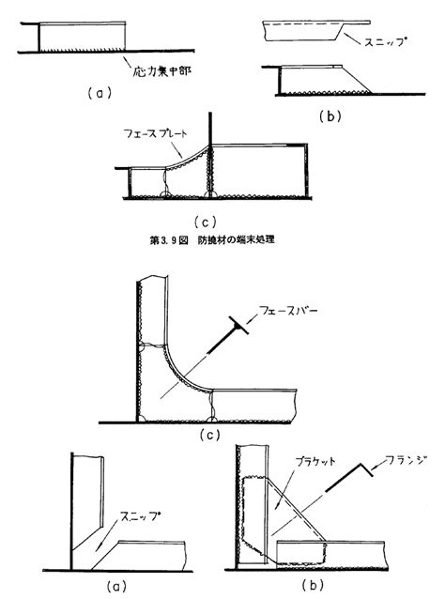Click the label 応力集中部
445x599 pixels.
(x=161, y=70)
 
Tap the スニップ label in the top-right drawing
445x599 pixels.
(x=384, y=41)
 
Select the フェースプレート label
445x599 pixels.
(x=156, y=133)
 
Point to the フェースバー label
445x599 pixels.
(x=288, y=310)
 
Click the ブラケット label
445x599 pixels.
(x=315, y=461)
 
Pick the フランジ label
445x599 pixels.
(x=407, y=460)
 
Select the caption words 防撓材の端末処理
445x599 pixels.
(x=236, y=240)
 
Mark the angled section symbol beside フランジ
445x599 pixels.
(x=348, y=478)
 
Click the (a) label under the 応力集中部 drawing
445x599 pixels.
(x=100, y=93)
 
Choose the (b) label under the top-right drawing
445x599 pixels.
(x=330, y=116)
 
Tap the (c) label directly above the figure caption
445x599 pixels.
(x=205, y=222)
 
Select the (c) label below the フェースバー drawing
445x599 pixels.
(x=210, y=435)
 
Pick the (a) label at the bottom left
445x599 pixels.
(x=116, y=586)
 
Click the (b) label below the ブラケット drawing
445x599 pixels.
(x=313, y=585)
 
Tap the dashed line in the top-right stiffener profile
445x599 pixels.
(x=302, y=24)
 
